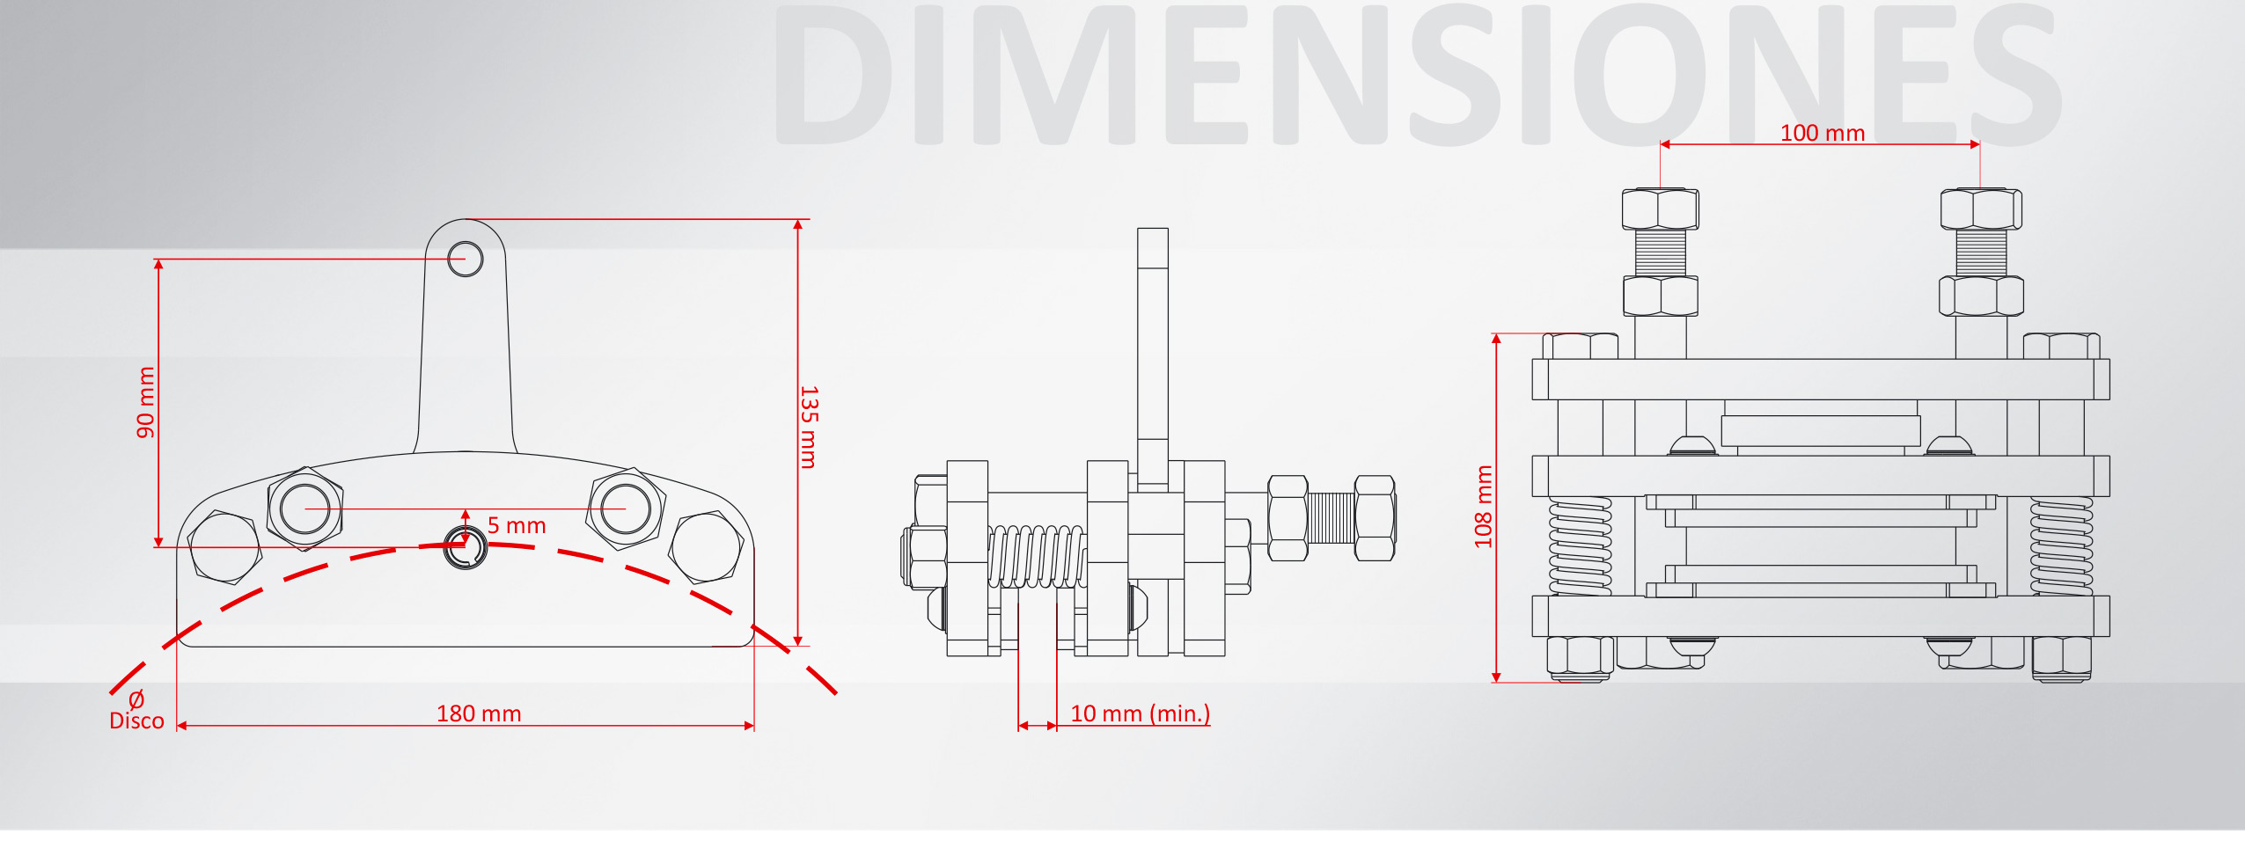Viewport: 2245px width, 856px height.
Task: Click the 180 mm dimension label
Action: pos(479,713)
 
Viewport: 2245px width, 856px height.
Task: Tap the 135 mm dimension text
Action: pos(809,427)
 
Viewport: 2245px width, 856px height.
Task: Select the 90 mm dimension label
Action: pos(145,402)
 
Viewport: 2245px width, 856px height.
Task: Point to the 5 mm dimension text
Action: pos(517,525)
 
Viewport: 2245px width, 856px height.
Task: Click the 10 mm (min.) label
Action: pos(1140,713)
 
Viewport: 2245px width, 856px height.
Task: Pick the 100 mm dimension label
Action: pos(1823,133)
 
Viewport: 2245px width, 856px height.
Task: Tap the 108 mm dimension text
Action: pos(1484,507)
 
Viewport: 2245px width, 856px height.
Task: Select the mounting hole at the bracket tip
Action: pos(465,259)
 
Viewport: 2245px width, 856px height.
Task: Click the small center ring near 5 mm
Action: pos(465,547)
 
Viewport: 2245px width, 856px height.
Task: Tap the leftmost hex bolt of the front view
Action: pos(224,546)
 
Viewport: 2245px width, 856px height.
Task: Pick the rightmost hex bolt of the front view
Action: pos(706,547)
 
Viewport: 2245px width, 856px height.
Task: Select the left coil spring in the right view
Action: pos(1581,546)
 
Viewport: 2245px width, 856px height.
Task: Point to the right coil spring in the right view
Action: pos(2062,546)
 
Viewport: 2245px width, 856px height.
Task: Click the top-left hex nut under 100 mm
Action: pos(1661,209)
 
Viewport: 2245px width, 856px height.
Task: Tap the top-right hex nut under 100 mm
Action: pos(1981,209)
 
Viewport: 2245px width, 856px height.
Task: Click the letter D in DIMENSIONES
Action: pos(833,74)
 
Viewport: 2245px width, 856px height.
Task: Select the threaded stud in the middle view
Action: pos(1331,517)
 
